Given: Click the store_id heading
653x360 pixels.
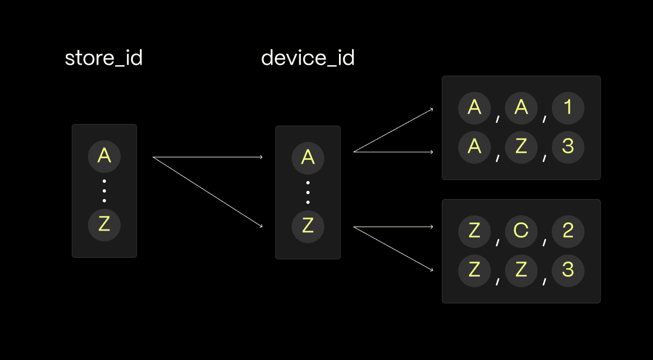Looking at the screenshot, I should point(103,58).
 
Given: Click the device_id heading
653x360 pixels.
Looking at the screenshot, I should point(307,58).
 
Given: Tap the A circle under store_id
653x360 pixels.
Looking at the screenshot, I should point(104,156).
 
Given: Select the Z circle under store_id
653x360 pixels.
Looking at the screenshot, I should point(104,225).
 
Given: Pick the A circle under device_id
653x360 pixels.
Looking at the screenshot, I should point(308,157).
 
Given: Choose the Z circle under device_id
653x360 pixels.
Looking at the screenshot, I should point(308,226).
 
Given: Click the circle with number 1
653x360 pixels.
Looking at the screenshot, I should point(568,108).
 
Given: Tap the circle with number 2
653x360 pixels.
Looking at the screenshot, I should point(568,231).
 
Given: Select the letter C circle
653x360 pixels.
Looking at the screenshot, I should point(521,231).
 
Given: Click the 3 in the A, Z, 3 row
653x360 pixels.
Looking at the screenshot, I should point(568,146).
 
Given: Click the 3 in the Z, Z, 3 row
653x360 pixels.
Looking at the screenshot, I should point(568,270).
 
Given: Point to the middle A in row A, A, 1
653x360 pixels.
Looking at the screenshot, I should point(521,108).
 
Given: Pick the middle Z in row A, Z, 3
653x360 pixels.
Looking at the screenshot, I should point(521,146).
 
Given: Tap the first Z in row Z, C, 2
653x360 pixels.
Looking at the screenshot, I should point(475,231).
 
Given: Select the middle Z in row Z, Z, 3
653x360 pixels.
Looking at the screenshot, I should point(521,270).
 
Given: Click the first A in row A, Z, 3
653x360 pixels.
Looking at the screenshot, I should point(475,146).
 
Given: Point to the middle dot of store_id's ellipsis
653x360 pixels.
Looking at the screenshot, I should point(104,190).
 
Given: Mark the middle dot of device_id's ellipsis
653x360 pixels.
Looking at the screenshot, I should point(308,192).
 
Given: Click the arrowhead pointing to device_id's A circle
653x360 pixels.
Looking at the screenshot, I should point(261,157).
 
